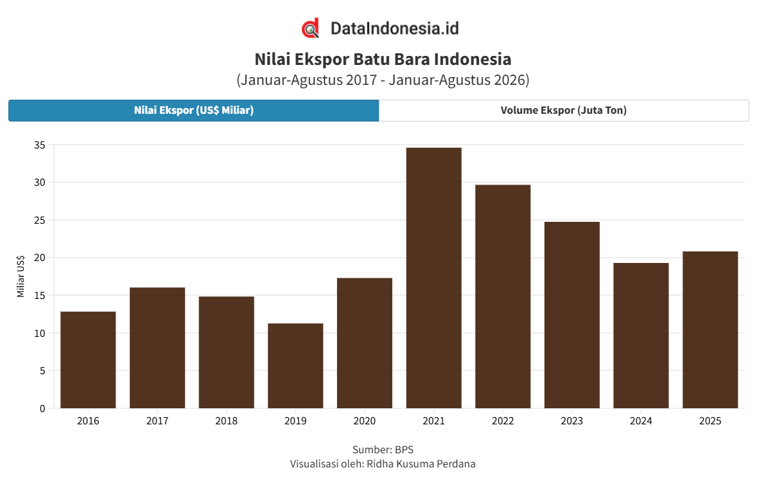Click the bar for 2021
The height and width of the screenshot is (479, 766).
click(434, 278)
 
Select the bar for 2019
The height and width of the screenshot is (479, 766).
click(295, 366)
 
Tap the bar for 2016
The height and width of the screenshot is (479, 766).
click(88, 360)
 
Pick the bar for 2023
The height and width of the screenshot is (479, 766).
click(572, 315)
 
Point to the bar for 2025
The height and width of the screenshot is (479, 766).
click(710, 330)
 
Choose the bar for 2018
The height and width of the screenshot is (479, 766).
click(226, 352)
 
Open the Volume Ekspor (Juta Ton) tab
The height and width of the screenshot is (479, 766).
click(564, 111)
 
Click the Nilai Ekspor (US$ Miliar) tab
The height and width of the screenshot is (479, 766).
click(194, 111)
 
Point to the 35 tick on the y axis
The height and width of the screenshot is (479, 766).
click(40, 145)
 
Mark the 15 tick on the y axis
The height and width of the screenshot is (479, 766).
click(40, 296)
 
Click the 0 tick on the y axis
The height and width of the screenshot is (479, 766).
click(42, 408)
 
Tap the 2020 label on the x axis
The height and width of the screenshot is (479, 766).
click(365, 420)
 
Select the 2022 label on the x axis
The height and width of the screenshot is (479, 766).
click(503, 420)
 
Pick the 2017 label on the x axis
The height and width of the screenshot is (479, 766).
click(157, 420)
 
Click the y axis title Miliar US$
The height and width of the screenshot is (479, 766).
click(21, 276)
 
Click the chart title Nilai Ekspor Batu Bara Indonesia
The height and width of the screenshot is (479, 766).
click(383, 59)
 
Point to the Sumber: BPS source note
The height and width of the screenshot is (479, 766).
click(383, 449)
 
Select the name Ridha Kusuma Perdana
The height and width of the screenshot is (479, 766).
click(421, 464)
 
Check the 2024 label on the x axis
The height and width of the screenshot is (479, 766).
click(641, 420)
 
